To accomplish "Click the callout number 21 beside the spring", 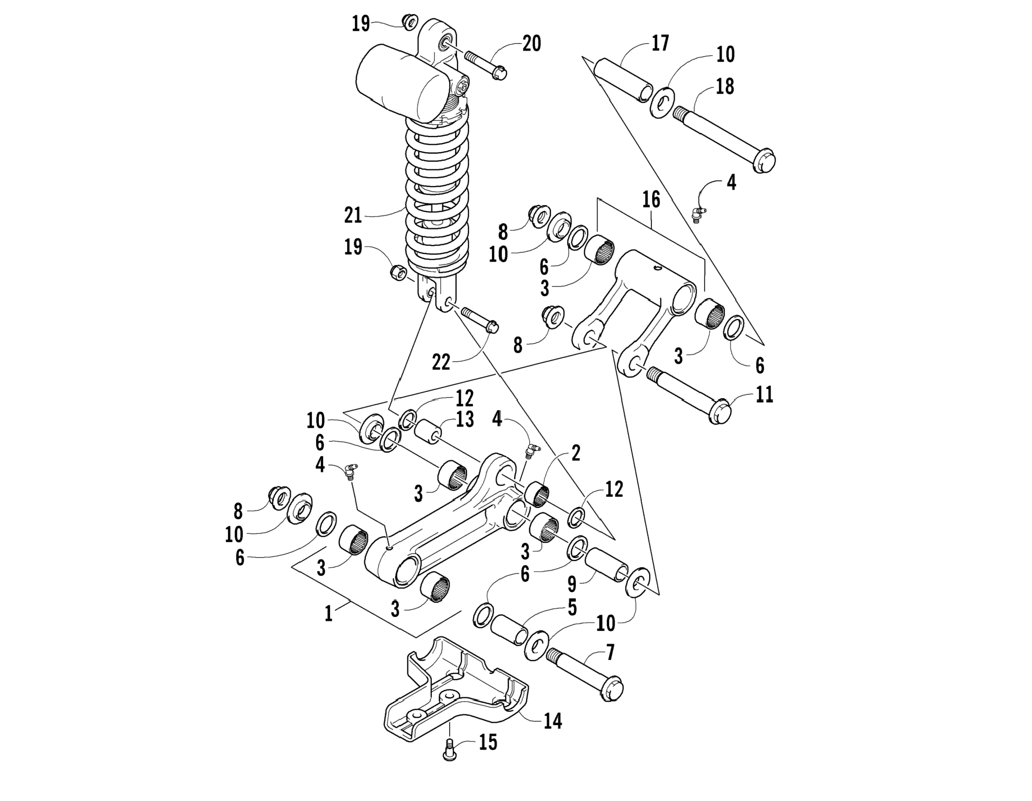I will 352,215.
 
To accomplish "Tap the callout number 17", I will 660,43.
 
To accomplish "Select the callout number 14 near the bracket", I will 552,721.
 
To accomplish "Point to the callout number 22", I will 441,363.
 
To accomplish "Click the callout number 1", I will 328,614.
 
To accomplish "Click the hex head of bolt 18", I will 763,161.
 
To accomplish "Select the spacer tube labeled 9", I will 607,564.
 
